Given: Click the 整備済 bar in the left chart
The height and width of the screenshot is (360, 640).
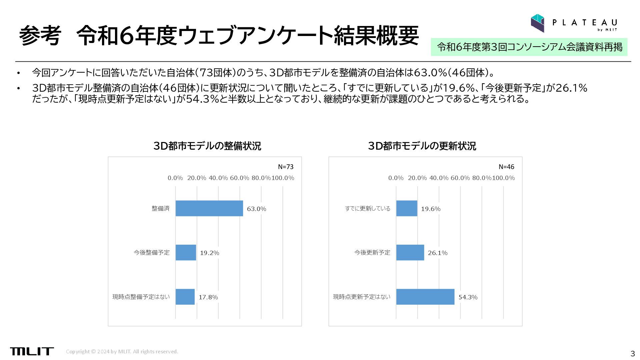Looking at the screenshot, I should click(209, 208).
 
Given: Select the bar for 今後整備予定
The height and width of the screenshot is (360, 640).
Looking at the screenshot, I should click(186, 252).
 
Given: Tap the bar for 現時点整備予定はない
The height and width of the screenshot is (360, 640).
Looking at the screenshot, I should click(185, 297).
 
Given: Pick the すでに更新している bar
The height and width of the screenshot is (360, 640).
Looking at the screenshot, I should click(407, 208).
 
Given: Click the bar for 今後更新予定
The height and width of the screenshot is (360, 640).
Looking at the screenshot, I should click(410, 252).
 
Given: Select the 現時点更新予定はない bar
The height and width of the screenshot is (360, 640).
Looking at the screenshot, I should click(425, 297).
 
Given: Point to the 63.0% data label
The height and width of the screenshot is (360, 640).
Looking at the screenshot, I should click(256, 209).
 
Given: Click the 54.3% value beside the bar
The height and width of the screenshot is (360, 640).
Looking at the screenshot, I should click(468, 297).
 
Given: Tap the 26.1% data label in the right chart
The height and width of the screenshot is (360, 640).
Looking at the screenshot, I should click(437, 253).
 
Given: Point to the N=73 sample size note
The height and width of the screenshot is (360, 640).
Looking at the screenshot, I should click(286, 167).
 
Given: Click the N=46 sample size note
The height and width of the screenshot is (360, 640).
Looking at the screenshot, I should click(506, 167).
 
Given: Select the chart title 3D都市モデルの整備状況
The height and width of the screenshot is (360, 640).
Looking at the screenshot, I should click(207, 146).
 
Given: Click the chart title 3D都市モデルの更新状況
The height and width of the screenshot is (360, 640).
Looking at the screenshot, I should click(422, 146).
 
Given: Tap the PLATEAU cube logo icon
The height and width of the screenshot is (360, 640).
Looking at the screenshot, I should click(537, 23).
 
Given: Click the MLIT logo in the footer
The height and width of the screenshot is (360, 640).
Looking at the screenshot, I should click(32, 351).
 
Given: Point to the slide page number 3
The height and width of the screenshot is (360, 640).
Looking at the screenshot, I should click(632, 354).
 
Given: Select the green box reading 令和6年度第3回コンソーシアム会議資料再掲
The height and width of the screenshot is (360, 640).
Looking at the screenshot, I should click(529, 47).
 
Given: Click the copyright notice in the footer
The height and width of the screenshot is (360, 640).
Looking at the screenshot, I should click(122, 352).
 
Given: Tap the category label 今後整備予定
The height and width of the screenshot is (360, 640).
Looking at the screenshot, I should click(152, 253).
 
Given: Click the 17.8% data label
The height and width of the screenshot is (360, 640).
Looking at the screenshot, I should click(208, 297).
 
